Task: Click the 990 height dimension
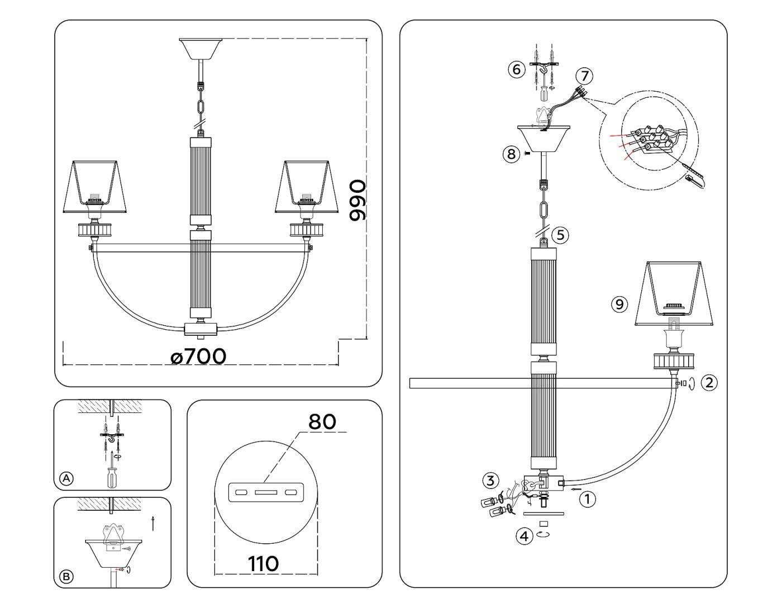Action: [x=357, y=200]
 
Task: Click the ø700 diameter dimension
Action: [x=199, y=356]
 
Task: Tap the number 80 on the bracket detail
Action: [x=322, y=421]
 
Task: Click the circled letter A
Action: [x=66, y=478]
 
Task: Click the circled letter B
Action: [x=66, y=576]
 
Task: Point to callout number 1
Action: [x=587, y=498]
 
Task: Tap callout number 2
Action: [x=709, y=383]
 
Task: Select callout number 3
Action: [x=490, y=480]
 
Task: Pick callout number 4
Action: [x=523, y=536]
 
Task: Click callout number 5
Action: [x=561, y=235]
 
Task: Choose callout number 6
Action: [x=516, y=69]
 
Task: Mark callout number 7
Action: [x=584, y=75]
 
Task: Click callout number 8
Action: [x=511, y=154]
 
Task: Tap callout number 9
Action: [x=619, y=304]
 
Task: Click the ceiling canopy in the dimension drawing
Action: [x=201, y=48]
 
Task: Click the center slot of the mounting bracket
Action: [x=265, y=493]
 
